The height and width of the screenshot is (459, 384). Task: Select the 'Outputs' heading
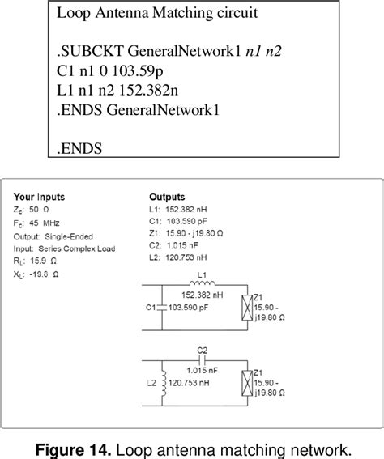(168, 197)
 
